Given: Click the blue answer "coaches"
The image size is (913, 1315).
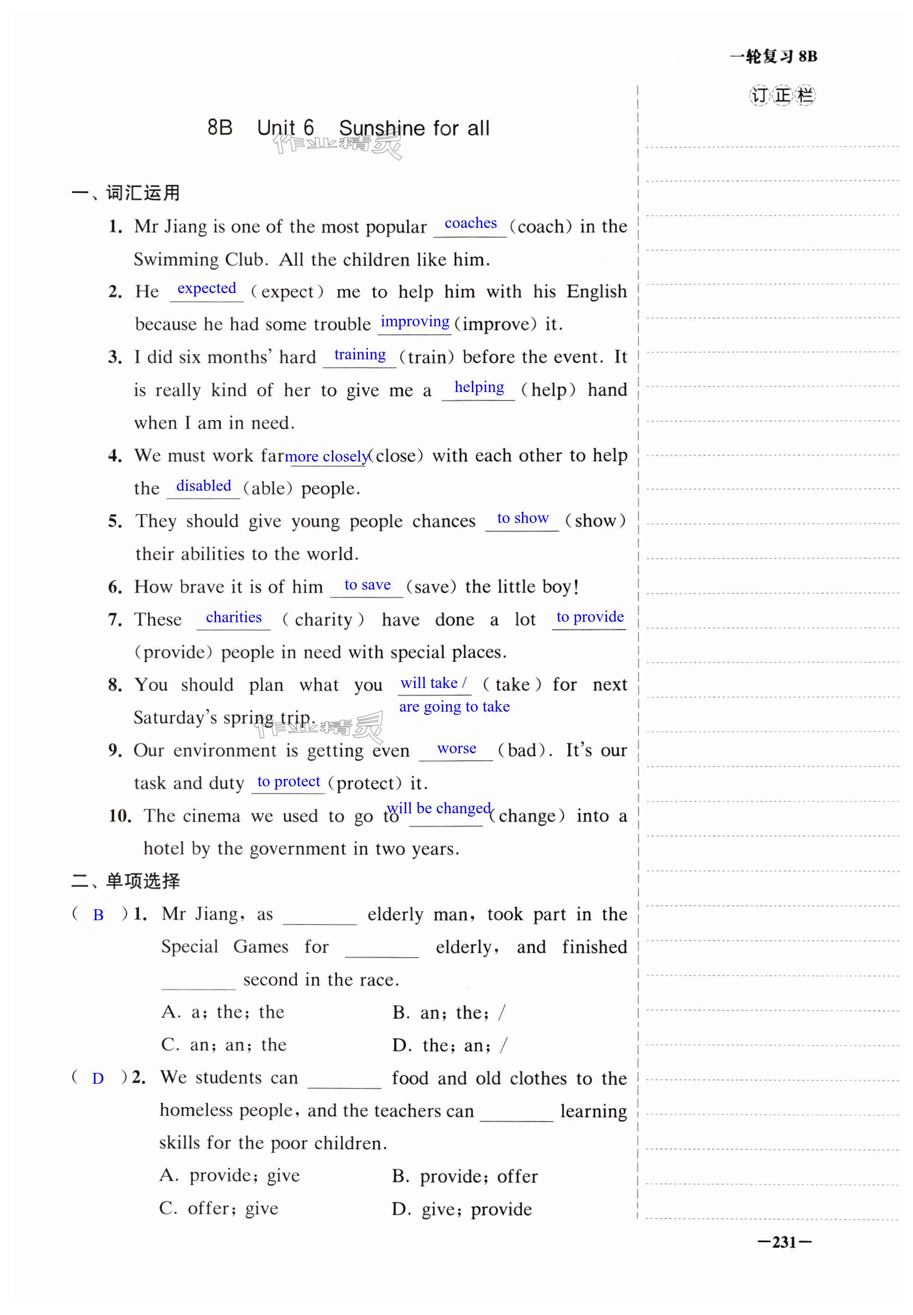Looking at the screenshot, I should (x=470, y=223).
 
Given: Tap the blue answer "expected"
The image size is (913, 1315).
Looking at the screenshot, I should (x=207, y=288).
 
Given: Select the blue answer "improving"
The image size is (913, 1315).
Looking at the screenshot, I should (x=415, y=322).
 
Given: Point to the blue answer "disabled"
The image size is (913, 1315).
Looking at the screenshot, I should (x=204, y=486).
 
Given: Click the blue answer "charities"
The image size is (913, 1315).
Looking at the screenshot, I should (x=234, y=617).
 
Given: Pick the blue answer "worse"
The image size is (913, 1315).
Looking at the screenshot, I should (x=457, y=748).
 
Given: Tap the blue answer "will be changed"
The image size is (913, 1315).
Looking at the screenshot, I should (x=439, y=808).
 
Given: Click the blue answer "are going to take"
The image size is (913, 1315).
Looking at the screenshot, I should (x=454, y=706).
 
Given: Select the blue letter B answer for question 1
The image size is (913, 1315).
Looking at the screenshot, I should (x=98, y=915).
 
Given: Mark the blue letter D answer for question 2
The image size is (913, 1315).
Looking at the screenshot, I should (x=98, y=1079).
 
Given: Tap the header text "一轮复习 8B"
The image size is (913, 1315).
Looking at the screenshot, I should (x=774, y=57).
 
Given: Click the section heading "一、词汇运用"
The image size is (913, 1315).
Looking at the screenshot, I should (x=126, y=193).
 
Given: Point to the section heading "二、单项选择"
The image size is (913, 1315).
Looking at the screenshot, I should (x=126, y=881).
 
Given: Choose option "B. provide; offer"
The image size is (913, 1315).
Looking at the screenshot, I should (x=464, y=1176).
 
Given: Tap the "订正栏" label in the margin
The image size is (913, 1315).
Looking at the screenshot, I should (x=782, y=96).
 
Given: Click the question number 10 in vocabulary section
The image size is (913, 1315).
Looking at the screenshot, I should (x=120, y=816).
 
